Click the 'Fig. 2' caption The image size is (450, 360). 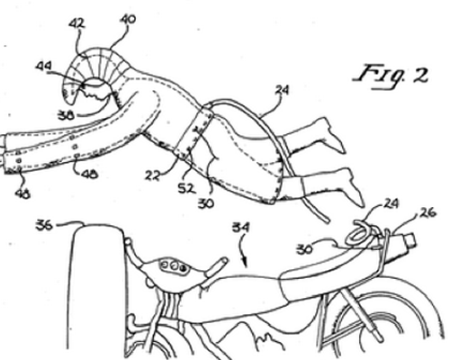(391, 76)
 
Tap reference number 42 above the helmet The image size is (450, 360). (76, 23)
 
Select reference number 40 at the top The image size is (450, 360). (127, 20)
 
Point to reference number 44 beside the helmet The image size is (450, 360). (43, 66)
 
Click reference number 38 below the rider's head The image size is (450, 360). (66, 115)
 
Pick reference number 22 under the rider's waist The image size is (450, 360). (152, 175)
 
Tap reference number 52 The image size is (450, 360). (186, 189)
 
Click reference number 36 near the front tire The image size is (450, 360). (44, 225)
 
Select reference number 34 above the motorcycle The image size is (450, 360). (241, 228)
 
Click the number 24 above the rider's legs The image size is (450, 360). (282, 90)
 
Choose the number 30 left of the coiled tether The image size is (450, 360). (304, 249)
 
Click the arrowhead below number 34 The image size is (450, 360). (246, 263)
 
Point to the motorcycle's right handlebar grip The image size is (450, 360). (217, 265)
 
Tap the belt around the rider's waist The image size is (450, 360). (193, 133)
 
